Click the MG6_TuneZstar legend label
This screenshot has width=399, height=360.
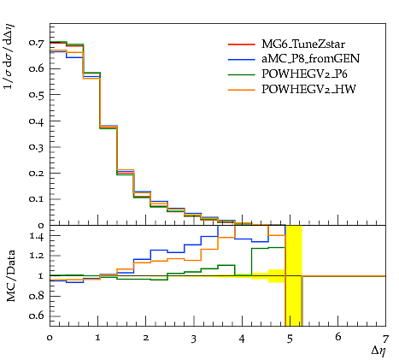click(303, 44)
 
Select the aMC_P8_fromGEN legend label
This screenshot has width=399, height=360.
click(310, 59)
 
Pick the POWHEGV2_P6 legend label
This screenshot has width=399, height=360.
click(304, 74)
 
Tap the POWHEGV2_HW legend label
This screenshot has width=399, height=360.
click(308, 90)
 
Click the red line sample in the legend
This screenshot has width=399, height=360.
click(241, 44)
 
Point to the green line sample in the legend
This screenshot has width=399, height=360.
click(241, 74)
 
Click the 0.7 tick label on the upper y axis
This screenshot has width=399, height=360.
click(37, 43)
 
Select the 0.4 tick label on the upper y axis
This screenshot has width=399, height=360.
click(37, 121)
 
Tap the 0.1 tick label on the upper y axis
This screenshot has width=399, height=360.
click(37, 198)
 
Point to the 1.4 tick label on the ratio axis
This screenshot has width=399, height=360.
click(37, 236)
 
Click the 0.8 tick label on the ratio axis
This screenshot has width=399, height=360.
click(37, 296)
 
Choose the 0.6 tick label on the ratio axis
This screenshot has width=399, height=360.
click(37, 316)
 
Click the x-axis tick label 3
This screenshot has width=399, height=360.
click(194, 339)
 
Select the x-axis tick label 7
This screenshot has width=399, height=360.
click(385, 339)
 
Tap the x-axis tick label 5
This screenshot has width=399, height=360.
click(290, 339)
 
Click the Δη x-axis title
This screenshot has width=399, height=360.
click(378, 351)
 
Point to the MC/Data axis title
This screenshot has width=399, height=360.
click(11, 276)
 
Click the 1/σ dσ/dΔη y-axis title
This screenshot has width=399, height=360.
click(9, 56)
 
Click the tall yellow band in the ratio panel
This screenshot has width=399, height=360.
click(294, 275)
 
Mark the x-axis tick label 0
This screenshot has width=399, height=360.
click(50, 338)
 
